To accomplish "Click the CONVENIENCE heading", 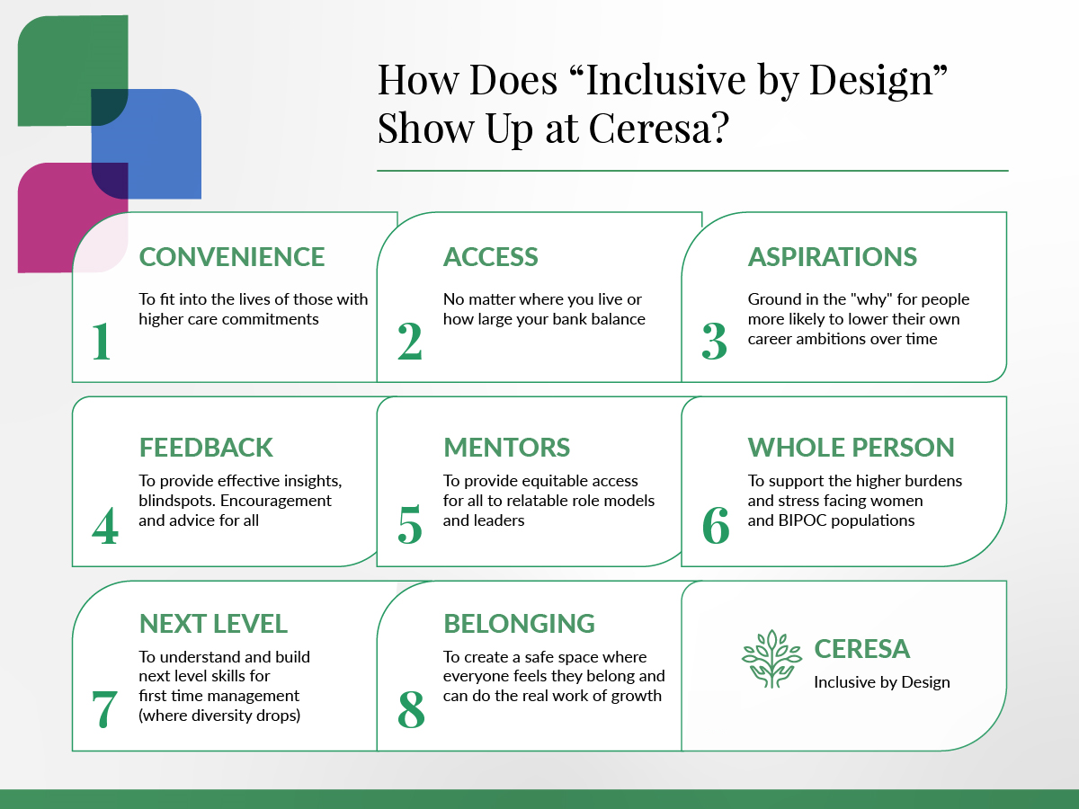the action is pyautogui.click(x=231, y=256).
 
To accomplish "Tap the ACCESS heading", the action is pyautogui.click(x=491, y=256).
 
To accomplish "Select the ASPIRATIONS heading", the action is pyautogui.click(x=833, y=256).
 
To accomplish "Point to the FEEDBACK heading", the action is pyautogui.click(x=206, y=447).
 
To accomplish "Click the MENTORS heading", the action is pyautogui.click(x=506, y=447).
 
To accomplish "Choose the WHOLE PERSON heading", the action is pyautogui.click(x=851, y=447).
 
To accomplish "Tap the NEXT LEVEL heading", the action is pyautogui.click(x=213, y=623).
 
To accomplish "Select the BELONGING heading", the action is pyautogui.click(x=519, y=623).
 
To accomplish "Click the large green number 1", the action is pyautogui.click(x=102, y=341).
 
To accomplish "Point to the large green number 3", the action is pyautogui.click(x=714, y=341).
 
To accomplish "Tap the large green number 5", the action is pyautogui.click(x=410, y=524).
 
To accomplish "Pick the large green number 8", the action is pyautogui.click(x=411, y=709).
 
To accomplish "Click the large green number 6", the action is pyautogui.click(x=716, y=525).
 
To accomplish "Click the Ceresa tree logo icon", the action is pyautogui.click(x=771, y=659).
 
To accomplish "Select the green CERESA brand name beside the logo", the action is pyautogui.click(x=861, y=648).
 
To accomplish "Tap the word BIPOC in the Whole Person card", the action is pyautogui.click(x=803, y=520).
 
